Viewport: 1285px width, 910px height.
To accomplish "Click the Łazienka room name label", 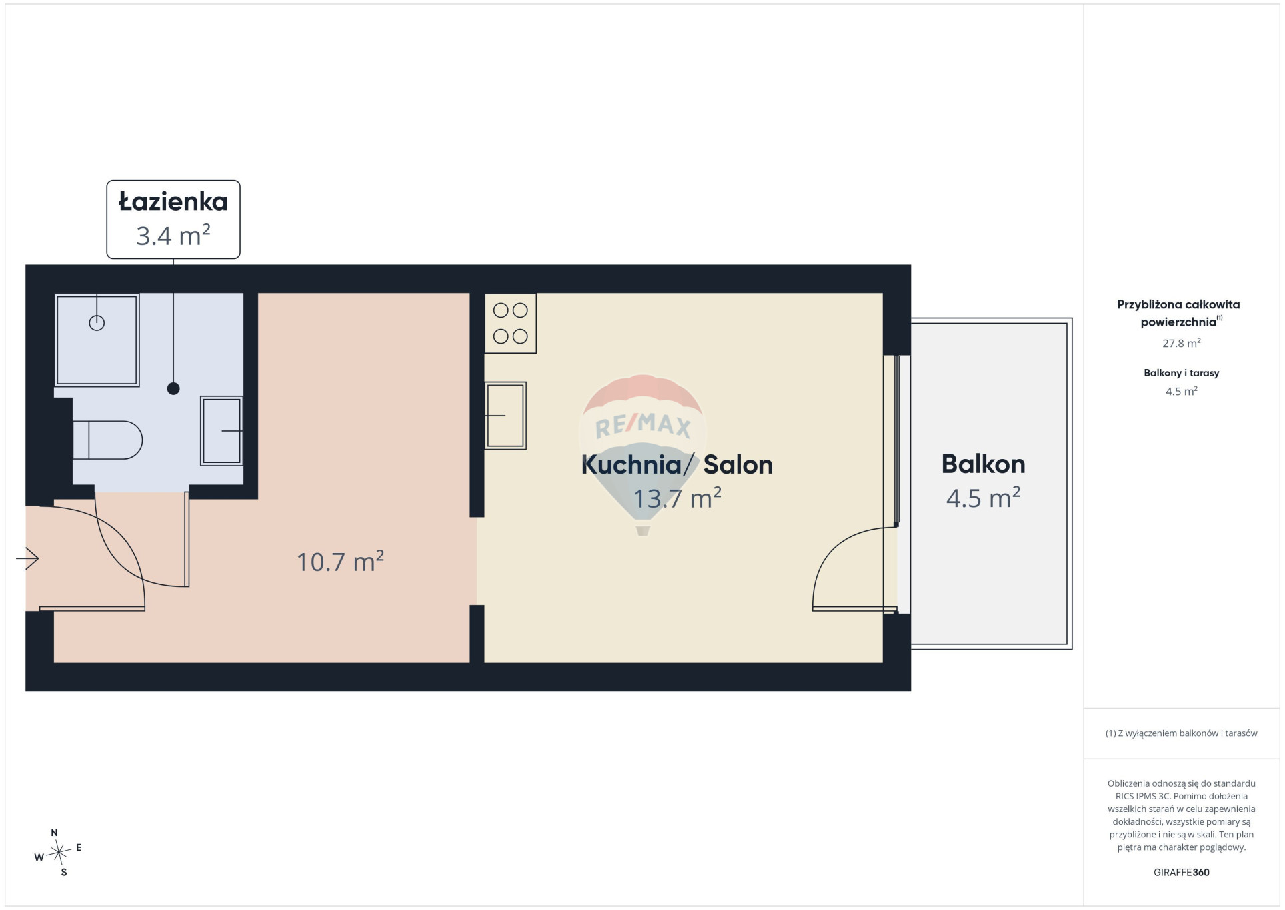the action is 173,201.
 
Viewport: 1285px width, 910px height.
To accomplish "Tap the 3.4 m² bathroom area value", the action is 173,236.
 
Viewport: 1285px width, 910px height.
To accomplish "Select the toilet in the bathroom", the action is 107,440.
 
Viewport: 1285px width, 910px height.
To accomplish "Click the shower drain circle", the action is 97,323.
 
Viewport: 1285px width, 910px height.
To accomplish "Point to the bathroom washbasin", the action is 221,430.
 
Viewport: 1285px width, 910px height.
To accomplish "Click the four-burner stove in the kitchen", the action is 511,323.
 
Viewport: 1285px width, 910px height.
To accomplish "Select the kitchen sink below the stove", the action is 505,415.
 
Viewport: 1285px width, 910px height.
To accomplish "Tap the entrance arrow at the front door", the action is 27,558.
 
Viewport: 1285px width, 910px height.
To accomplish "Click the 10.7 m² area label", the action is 340,562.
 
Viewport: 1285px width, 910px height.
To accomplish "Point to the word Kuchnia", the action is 631,464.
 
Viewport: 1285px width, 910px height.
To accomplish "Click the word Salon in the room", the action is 738,464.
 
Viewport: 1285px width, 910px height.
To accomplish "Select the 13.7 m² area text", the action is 678,498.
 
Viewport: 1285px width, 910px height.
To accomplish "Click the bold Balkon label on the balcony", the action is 984,464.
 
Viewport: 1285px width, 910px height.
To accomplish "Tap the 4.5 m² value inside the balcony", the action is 984,498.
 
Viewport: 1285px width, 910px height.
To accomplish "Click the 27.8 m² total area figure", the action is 1182,343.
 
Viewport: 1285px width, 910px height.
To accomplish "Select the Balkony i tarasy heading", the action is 1182,373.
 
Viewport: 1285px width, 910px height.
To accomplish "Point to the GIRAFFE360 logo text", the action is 1182,872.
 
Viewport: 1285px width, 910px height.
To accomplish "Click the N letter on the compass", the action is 55,833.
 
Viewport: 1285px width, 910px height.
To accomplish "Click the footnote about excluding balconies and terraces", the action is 1182,733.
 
